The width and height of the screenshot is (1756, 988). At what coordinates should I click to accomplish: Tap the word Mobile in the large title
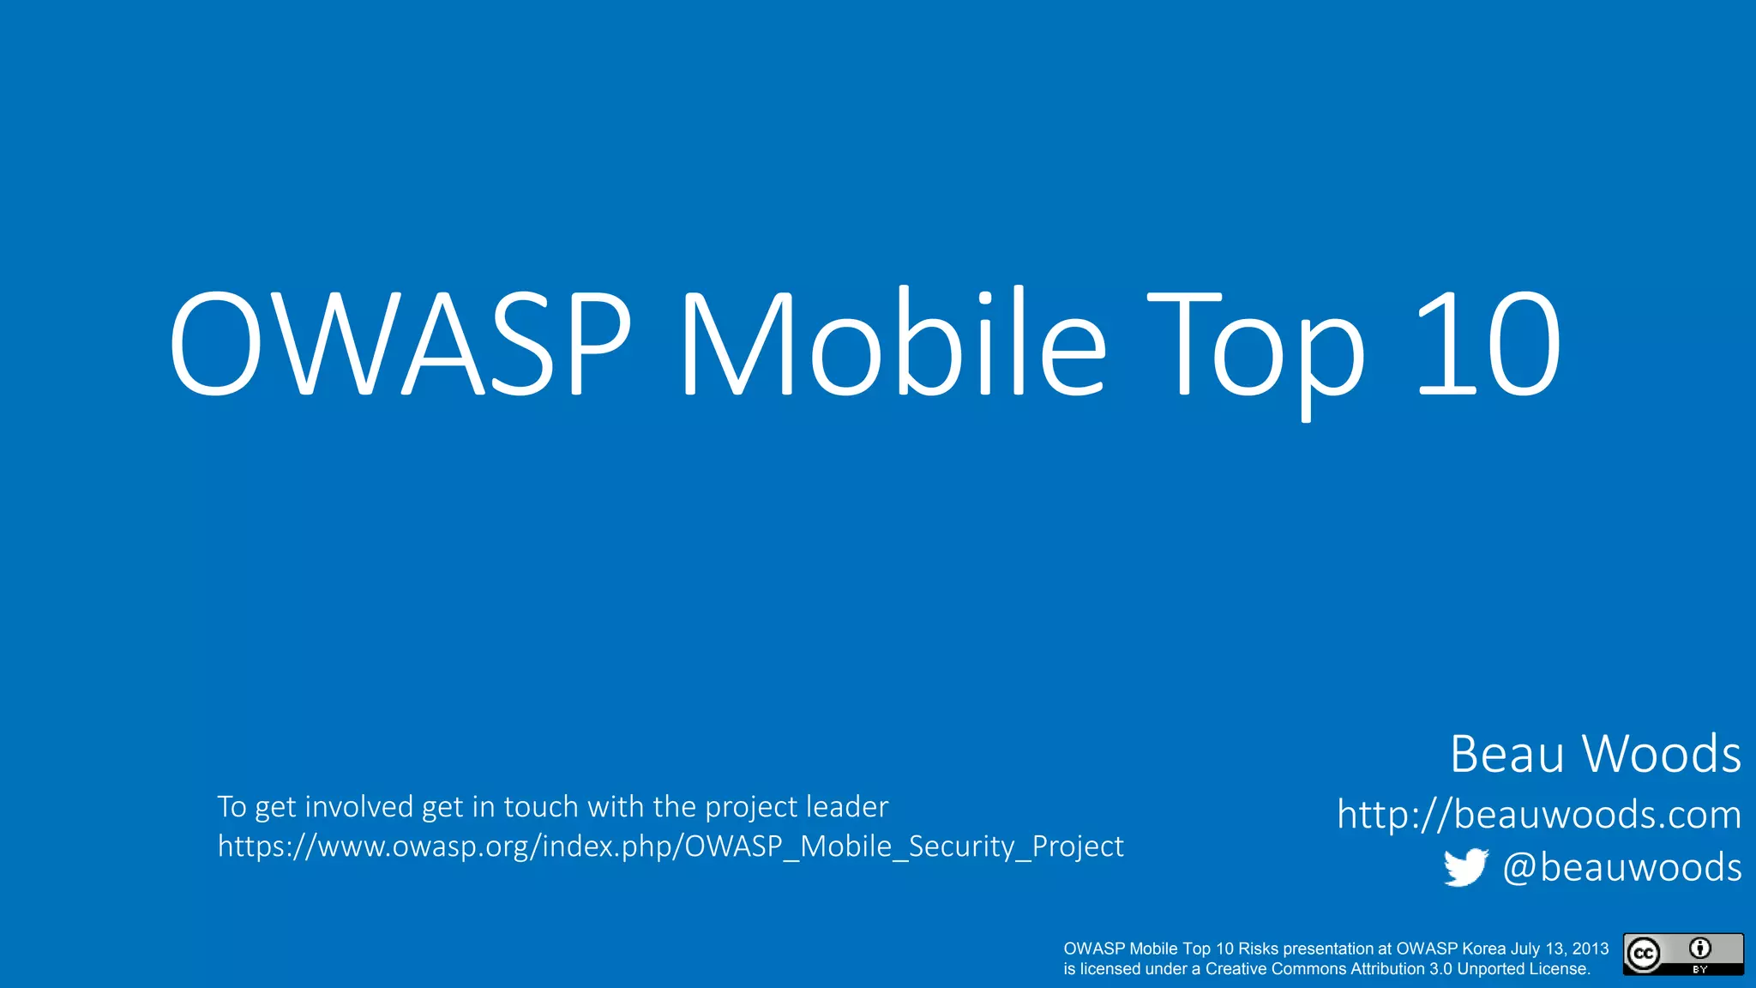pos(892,343)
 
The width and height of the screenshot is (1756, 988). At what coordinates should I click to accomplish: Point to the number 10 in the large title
pos(1488,343)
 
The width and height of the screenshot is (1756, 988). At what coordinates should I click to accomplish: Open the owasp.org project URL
pos(670,846)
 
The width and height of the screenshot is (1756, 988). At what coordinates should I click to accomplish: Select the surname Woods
pos(1662,754)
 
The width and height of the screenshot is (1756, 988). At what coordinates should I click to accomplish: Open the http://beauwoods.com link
pos(1539,814)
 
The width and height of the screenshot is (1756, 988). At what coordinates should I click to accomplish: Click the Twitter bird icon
pos(1465,868)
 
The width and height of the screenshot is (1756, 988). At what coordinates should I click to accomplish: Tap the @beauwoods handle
pos(1622,868)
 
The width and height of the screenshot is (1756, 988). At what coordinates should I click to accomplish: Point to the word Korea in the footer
pos(1483,949)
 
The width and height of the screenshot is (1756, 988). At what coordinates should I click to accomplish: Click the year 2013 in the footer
pos(1591,949)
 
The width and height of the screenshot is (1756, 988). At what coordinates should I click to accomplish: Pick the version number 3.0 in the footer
pos(1440,969)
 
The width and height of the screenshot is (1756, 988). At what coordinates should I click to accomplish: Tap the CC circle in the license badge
pos(1644,955)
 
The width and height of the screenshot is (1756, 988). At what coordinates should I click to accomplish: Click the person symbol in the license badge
pos(1700,948)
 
